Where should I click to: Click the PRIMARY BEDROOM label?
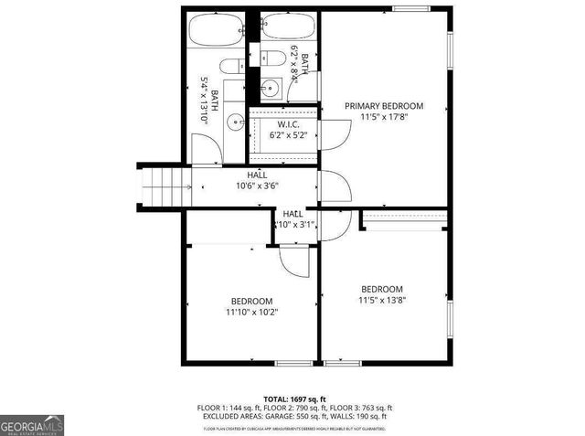pos(384,106)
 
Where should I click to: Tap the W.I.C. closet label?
pos(289,124)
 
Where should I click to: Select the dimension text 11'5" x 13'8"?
pos(382,299)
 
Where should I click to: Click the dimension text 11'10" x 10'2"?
pos(250,312)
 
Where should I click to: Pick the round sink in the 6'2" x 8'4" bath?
pos(269,89)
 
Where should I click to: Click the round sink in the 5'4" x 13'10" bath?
pos(235,120)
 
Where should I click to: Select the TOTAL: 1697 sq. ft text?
pos(294,399)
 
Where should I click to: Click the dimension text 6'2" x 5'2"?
pos(289,134)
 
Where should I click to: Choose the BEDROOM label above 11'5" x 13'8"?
pos(382,288)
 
